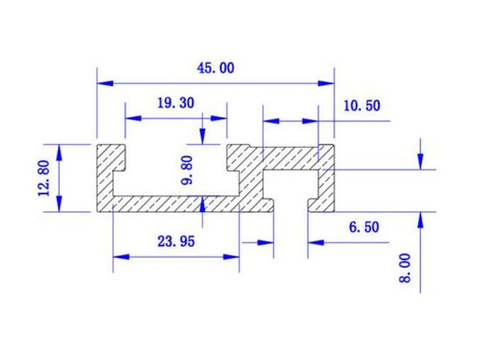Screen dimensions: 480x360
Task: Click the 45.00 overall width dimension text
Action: tap(215, 68)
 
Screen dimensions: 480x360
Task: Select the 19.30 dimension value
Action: tap(176, 103)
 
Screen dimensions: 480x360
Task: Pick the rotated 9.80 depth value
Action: tap(187, 170)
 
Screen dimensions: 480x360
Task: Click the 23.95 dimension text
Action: tap(176, 241)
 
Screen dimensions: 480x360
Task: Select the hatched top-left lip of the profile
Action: tap(111, 155)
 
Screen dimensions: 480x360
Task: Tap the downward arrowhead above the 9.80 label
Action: tap(203, 137)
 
